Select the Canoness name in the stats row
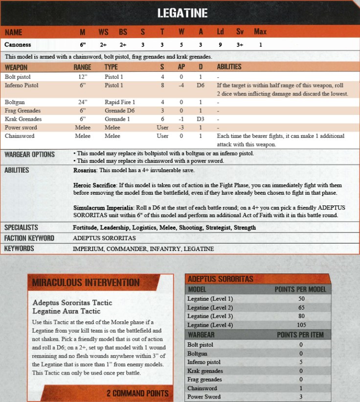(18, 45)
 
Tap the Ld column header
(221, 32)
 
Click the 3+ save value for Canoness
(240, 45)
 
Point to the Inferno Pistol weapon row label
(22, 86)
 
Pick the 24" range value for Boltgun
(82, 103)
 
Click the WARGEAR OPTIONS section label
(30, 155)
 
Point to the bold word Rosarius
(86, 170)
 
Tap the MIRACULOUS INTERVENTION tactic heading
(86, 283)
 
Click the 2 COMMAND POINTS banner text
(137, 393)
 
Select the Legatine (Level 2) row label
(210, 308)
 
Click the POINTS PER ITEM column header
(300, 335)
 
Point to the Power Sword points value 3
(300, 397)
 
